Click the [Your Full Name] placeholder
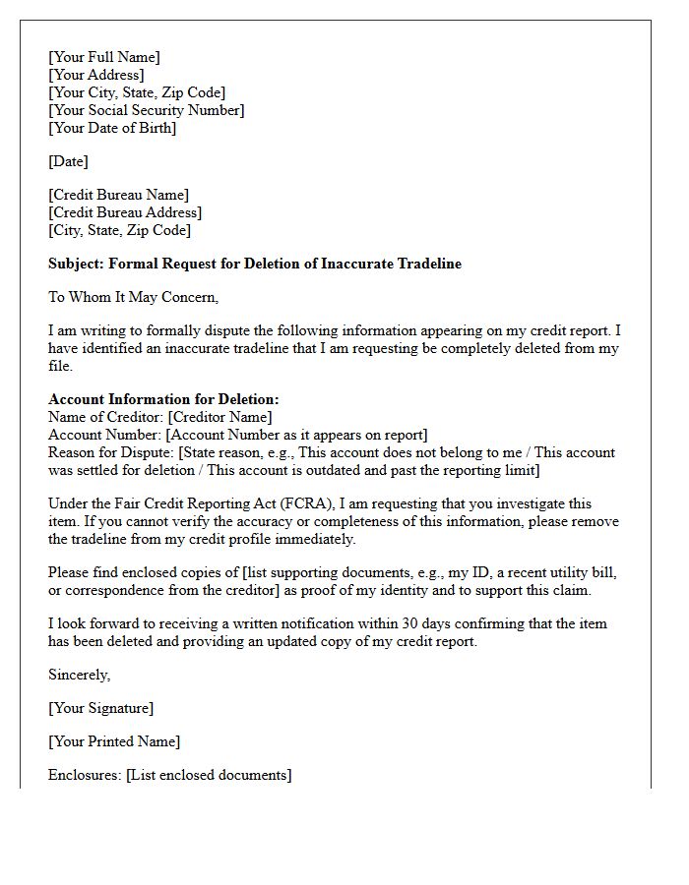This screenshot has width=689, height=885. pyautogui.click(x=104, y=57)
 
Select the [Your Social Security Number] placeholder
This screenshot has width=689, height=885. pyautogui.click(x=147, y=110)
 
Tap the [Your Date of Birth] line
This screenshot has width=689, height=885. pyautogui.click(x=112, y=128)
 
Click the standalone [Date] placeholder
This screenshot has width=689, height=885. pyautogui.click(x=68, y=161)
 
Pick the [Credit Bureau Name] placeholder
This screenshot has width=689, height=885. pyautogui.click(x=118, y=195)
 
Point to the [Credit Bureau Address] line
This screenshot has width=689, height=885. pyautogui.click(x=125, y=212)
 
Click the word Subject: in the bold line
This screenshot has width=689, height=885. pyautogui.click(x=76, y=264)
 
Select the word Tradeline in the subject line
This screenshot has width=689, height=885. pyautogui.click(x=427, y=264)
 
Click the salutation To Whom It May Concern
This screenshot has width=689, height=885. pyautogui.click(x=133, y=297)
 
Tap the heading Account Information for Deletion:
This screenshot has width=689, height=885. pyautogui.click(x=163, y=399)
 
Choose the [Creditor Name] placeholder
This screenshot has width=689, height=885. pyautogui.click(x=220, y=417)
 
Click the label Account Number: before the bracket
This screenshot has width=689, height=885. pyautogui.click(x=104, y=435)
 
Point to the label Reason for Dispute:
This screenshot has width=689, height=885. pyautogui.click(x=110, y=452)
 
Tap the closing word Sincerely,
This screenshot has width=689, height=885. pyautogui.click(x=80, y=675)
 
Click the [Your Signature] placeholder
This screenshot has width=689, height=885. pyautogui.click(x=100, y=708)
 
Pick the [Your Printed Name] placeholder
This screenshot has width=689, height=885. pyautogui.click(x=114, y=741)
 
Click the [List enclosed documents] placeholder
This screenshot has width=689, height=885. pyautogui.click(x=209, y=775)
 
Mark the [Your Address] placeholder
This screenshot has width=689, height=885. pyautogui.click(x=96, y=75)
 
